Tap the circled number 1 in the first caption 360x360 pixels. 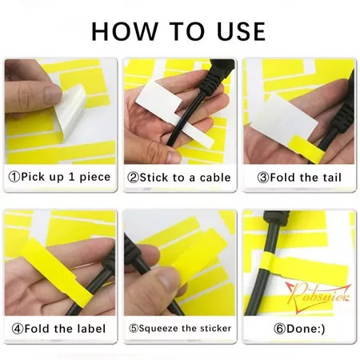tap(14, 177)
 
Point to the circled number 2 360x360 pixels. tap(133, 177)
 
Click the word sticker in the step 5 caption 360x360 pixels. tap(213, 329)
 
